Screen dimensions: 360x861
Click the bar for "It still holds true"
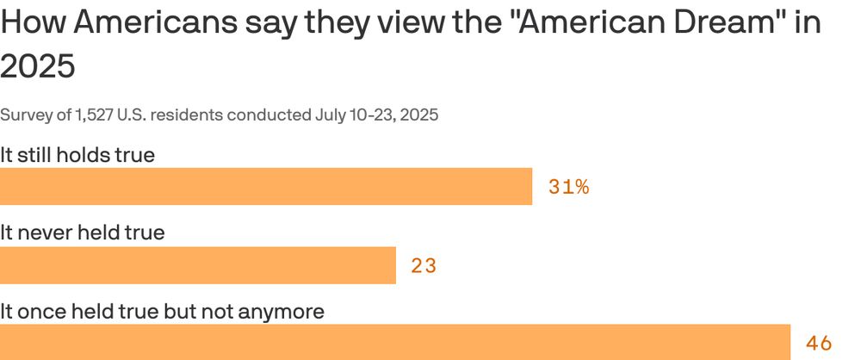[266, 187]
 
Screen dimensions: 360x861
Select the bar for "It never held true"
[197, 265]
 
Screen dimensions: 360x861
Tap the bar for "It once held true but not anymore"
[395, 343]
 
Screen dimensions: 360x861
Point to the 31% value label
[568, 187]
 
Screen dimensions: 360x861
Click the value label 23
[424, 266]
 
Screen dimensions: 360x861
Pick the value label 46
[819, 344]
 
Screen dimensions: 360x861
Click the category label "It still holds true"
[77, 156]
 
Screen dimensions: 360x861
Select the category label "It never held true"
[82, 233]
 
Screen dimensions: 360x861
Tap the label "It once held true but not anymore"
[162, 311]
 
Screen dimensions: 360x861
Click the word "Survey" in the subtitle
[23, 115]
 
